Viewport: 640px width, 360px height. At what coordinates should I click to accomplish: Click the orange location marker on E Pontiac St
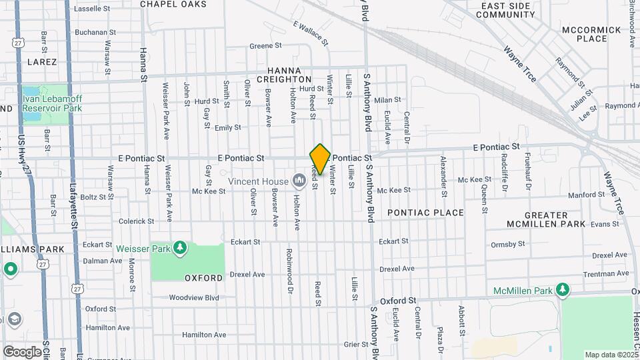tap(320, 159)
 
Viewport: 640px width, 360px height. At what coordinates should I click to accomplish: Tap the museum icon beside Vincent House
tap(298, 181)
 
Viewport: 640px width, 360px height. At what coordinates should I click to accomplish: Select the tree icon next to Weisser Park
tap(179, 249)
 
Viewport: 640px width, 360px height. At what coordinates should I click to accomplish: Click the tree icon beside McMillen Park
tap(563, 290)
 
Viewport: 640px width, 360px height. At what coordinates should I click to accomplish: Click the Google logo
tap(22, 351)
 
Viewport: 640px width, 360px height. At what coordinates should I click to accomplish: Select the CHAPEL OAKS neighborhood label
tap(173, 4)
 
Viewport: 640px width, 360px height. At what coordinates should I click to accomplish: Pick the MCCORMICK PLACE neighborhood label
tap(584, 34)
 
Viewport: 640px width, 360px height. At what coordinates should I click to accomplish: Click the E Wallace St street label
tap(311, 33)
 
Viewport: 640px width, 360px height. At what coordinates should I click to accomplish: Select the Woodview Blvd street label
tap(193, 298)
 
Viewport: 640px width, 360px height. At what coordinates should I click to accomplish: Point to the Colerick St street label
tap(136, 221)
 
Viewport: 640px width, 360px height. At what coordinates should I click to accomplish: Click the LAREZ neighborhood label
tap(43, 61)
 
